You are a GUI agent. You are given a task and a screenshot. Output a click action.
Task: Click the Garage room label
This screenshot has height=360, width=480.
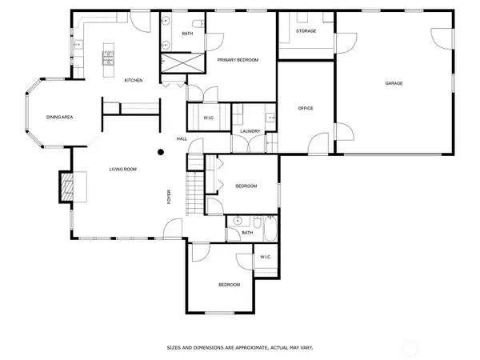click(394, 83)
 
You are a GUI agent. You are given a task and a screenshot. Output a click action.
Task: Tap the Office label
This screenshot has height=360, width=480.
click(306, 108)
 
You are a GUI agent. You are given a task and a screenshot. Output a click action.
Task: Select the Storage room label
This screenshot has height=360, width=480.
click(306, 31)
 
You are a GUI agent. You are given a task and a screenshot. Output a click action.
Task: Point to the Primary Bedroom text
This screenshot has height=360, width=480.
click(238, 60)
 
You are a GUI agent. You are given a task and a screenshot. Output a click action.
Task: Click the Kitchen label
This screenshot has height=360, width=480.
click(134, 81)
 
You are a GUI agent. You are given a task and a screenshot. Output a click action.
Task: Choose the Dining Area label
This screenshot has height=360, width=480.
click(59, 117)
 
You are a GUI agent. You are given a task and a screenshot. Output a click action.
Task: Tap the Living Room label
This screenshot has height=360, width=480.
click(123, 170)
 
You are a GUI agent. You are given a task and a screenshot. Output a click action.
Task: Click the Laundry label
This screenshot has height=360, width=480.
click(250, 131)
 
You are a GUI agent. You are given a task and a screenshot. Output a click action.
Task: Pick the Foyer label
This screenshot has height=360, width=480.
click(169, 197)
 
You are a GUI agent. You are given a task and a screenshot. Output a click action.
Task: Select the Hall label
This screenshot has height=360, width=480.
click(182, 139)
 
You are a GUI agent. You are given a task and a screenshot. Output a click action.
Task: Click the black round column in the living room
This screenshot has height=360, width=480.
click(161, 152)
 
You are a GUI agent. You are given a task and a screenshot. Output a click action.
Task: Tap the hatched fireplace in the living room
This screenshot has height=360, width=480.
click(66, 187)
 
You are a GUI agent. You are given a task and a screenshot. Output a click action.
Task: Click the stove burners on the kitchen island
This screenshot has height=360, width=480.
click(108, 58)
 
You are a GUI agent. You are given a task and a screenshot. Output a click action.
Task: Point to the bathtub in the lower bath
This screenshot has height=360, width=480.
click(270, 229)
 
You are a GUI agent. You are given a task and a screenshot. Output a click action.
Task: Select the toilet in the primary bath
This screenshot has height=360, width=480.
click(198, 23)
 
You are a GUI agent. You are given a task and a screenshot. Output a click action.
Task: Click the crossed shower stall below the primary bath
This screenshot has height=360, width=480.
click(182, 62)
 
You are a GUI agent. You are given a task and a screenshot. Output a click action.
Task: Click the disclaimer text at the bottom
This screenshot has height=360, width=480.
click(240, 348)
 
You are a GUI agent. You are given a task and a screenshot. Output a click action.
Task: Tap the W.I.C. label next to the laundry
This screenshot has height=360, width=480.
click(209, 118)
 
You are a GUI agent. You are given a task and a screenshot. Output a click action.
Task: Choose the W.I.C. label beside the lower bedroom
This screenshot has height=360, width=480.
click(266, 257)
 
